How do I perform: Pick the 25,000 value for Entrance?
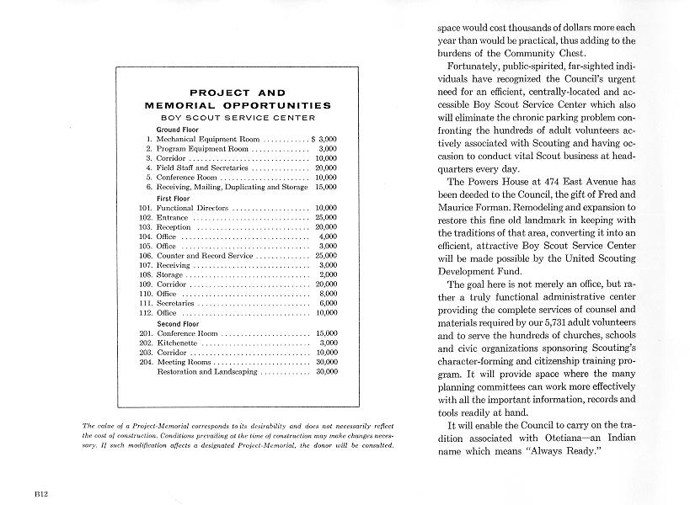326,217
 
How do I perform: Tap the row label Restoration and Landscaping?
208,371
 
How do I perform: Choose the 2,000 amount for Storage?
329,275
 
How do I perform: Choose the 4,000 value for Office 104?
329,237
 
